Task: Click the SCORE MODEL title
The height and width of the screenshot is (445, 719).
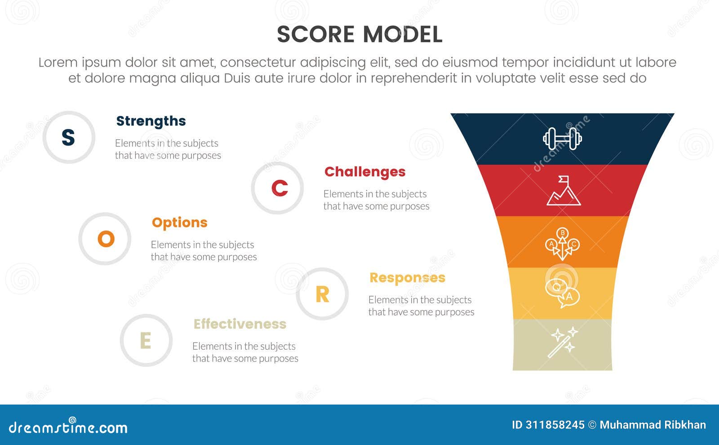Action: [359, 35]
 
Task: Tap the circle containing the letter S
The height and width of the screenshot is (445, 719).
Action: [69, 137]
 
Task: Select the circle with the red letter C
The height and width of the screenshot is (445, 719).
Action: [277, 188]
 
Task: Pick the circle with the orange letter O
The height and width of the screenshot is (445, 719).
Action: [105, 239]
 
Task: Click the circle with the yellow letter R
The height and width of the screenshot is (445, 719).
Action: [322, 294]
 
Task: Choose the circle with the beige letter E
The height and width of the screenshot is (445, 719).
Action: [146, 340]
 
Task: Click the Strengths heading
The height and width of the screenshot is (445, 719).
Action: [151, 121]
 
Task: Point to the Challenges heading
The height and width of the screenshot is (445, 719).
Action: [365, 172]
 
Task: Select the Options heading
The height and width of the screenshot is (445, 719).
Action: [179, 222]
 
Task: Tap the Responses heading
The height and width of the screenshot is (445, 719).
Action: [407, 278]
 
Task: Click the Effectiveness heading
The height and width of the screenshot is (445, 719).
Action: [240, 324]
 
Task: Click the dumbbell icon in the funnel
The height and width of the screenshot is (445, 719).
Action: [562, 139]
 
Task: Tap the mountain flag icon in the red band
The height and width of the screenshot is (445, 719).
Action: [564, 191]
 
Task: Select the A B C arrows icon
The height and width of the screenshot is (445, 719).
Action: [562, 244]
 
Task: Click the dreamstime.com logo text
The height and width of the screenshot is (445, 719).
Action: [68, 427]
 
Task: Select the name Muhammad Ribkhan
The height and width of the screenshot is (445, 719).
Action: [652, 425]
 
